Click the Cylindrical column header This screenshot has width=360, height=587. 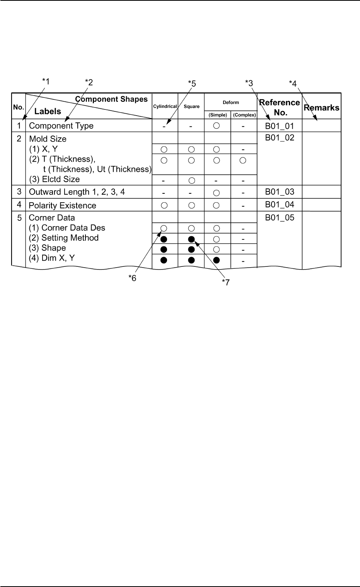pyautogui.click(x=165, y=106)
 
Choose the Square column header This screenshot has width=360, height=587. pyautogui.click(x=191, y=106)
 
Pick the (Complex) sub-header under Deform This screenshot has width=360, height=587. pyautogui.click(x=244, y=115)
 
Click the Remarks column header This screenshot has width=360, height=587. pyautogui.click(x=321, y=108)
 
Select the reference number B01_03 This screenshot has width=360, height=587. pyautogui.click(x=280, y=192)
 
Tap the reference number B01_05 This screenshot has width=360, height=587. pyautogui.click(x=280, y=218)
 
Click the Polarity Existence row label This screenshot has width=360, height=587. pyautogui.click(x=63, y=205)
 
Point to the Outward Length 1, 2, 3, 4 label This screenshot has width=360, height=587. pyautogui.click(x=77, y=192)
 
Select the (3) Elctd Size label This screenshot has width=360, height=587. pyautogui.click(x=55, y=179)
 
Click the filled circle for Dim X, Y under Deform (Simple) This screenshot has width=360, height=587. pyautogui.click(x=217, y=260)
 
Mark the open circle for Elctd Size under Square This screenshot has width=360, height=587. pyautogui.click(x=191, y=180)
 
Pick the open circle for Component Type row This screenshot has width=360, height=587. pyautogui.click(x=217, y=126)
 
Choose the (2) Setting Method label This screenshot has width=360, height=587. pyautogui.click(x=64, y=238)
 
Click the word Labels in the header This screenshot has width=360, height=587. pyautogui.click(x=48, y=111)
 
